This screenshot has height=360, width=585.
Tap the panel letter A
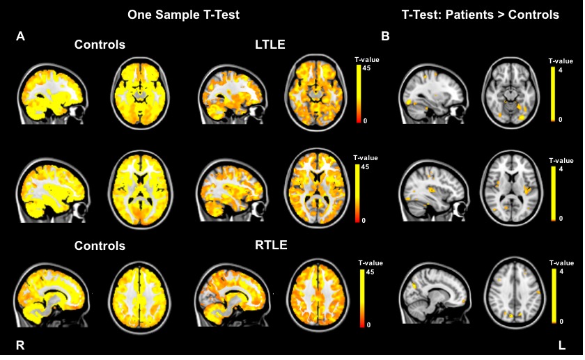tap(20, 37)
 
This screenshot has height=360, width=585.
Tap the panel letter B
tap(385, 36)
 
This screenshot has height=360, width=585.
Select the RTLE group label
tap(271, 244)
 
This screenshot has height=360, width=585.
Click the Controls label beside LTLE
tap(100, 45)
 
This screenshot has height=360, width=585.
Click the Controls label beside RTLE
tap(100, 246)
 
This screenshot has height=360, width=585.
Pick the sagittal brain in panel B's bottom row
tap(435, 293)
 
